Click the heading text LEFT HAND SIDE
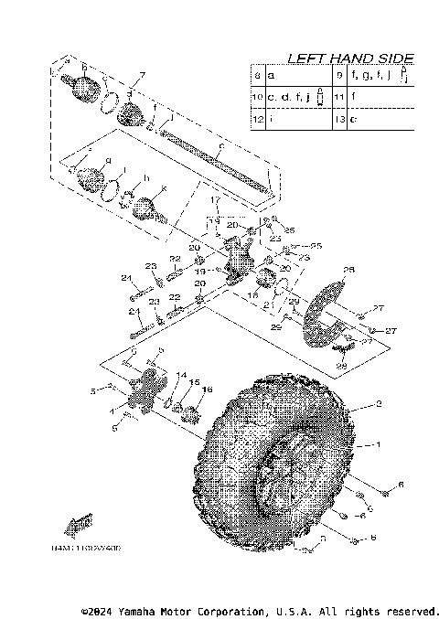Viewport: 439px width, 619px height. (350, 58)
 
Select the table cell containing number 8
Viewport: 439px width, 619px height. (258, 75)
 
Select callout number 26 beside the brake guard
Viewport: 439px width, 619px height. (348, 270)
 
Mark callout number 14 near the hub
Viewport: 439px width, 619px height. (181, 376)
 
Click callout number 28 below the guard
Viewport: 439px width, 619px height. (342, 366)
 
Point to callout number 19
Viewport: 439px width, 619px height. (198, 272)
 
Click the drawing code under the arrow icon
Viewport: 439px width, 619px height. (87, 550)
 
